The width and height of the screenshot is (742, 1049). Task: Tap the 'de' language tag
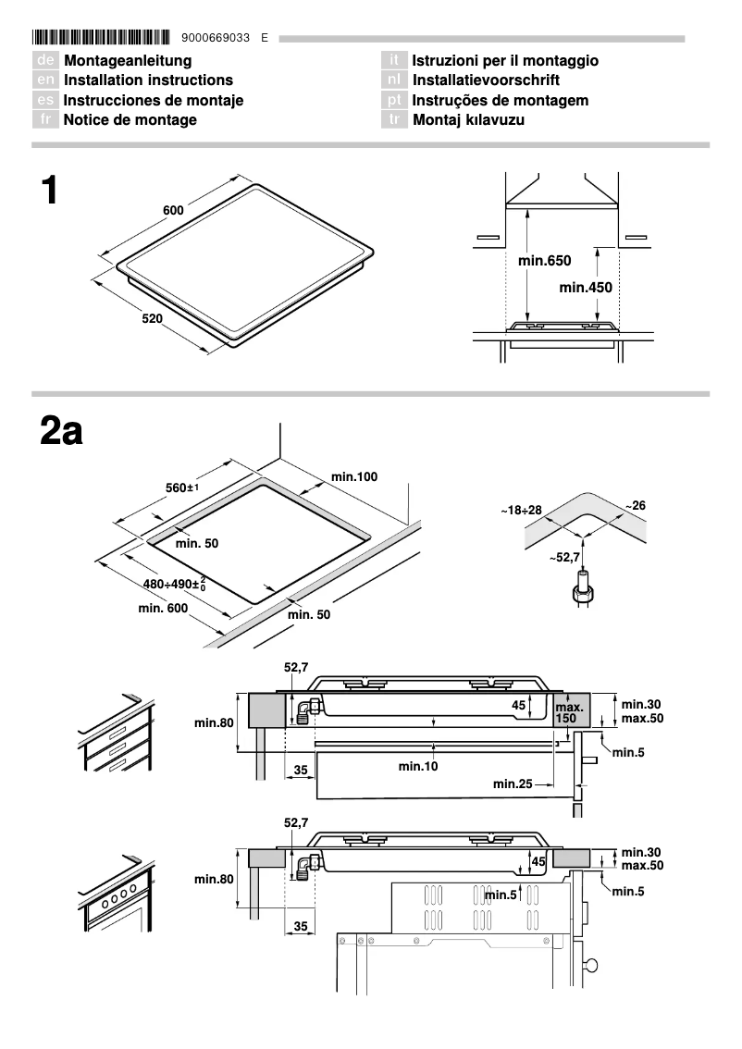point(46,61)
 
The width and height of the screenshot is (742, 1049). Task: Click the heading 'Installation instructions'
point(148,80)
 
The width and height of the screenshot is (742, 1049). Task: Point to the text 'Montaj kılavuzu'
point(468,120)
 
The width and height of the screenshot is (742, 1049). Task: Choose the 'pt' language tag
point(395,101)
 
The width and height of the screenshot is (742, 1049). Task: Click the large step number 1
point(50,191)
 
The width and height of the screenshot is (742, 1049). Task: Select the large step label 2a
point(61,431)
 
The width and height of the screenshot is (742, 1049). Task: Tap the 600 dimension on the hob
point(173,210)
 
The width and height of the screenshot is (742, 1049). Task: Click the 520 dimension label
point(152,319)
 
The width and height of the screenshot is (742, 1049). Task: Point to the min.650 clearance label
point(544,262)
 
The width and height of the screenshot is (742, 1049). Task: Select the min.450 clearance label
point(586,288)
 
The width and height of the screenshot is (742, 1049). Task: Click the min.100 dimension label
point(354,476)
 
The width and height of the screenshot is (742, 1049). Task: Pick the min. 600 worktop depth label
point(163,608)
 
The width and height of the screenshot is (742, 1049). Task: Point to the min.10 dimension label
point(418,766)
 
